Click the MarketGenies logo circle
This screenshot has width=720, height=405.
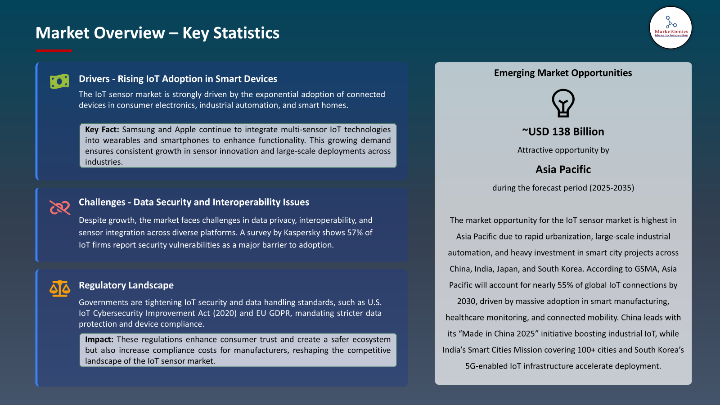coord(670,28)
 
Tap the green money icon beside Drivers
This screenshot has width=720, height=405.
coord(59,81)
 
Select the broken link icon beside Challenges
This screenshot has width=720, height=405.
coord(60,207)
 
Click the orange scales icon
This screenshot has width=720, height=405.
coord(60,288)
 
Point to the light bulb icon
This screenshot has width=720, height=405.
coord(563,103)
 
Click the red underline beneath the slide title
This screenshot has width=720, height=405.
coord(54,51)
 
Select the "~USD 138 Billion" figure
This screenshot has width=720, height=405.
coord(563,132)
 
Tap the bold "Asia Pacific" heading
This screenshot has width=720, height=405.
coord(563,170)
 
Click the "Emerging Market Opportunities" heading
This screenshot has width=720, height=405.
coord(563,73)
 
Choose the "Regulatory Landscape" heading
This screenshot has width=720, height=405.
coord(126,285)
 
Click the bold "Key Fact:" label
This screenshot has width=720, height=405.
coord(102,130)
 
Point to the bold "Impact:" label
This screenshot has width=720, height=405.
coord(99,340)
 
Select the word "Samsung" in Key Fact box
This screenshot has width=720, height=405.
coord(139,130)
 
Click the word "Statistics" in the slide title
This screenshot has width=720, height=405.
coord(246,33)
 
